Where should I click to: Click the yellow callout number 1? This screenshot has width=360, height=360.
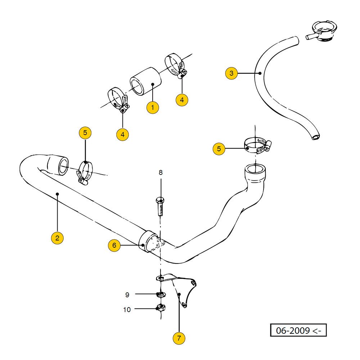tap(153, 107)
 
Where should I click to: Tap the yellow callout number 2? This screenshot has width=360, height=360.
tap(58, 238)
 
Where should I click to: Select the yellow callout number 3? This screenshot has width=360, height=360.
tap(231, 73)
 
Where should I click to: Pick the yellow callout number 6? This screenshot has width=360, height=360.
tap(114, 246)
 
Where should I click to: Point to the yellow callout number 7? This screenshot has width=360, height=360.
tap(179, 338)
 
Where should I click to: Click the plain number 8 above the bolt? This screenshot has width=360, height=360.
tap(161, 172)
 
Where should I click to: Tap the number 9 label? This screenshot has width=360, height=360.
tap(127, 295)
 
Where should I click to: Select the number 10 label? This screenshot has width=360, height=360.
tap(127, 310)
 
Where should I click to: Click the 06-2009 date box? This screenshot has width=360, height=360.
tap(298, 330)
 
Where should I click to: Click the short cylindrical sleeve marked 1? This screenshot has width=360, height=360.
tap(145, 82)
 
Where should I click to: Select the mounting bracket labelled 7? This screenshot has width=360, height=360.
tap(180, 288)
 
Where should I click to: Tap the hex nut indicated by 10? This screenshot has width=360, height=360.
tap(161, 308)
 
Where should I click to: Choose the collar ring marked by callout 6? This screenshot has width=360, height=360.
tap(148, 241)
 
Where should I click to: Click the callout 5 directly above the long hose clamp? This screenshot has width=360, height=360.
tap(85, 133)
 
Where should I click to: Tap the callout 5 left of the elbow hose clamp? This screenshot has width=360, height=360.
tap(219, 148)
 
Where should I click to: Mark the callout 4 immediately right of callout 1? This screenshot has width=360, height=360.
tap(182, 100)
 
